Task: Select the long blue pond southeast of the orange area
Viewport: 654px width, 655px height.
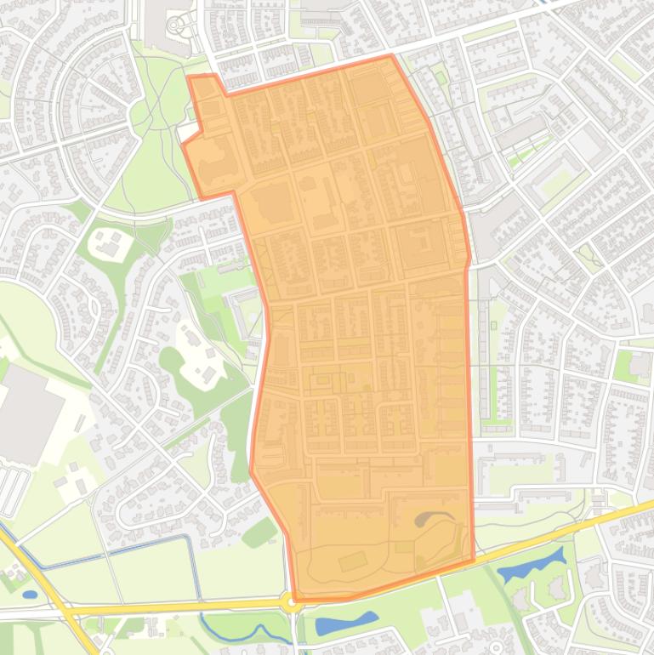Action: pyautogui.click(x=532, y=565)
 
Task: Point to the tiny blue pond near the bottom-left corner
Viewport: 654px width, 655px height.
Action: pyautogui.click(x=30, y=594)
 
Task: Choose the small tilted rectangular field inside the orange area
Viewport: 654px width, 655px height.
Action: pyautogui.click(x=350, y=562)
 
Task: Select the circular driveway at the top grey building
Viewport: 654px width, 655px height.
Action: pyautogui.click(x=176, y=26)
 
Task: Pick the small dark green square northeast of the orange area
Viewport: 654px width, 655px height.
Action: pyautogui.click(x=441, y=78)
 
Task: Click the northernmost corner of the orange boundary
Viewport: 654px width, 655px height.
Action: pyautogui.click(x=391, y=55)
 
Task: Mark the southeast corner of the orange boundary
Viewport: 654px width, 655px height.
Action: pyautogui.click(x=473, y=561)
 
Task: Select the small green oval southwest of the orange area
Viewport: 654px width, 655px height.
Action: pyautogui.click(x=259, y=533)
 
